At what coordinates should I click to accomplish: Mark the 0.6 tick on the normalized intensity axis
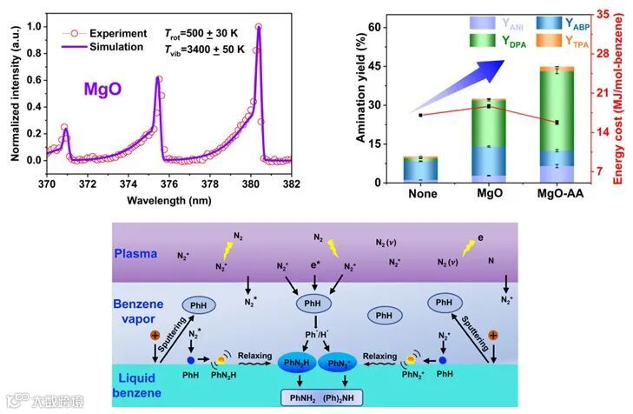coord(36,80)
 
